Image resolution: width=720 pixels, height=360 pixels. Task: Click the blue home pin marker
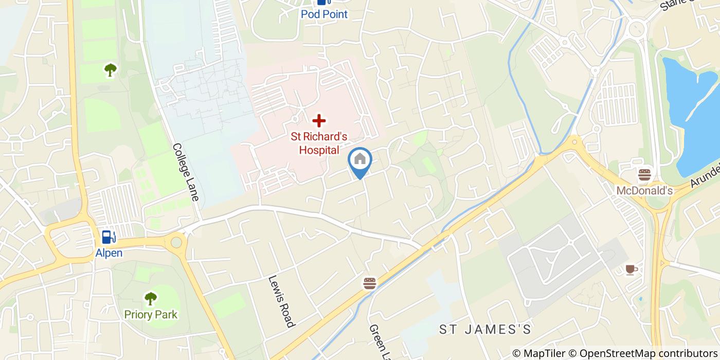tap(360, 160)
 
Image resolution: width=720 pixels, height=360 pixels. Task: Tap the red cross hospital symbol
tap(319, 121)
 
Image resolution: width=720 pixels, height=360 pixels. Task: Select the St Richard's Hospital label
tap(319, 143)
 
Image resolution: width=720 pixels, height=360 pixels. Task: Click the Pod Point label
tap(324, 14)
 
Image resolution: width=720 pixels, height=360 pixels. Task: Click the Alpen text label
tap(109, 253)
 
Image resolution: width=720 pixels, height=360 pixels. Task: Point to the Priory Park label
tap(150, 314)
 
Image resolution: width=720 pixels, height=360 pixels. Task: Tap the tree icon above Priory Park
tap(150, 298)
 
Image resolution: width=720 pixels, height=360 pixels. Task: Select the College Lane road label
tap(186, 172)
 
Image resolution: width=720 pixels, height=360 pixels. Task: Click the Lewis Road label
tap(281, 301)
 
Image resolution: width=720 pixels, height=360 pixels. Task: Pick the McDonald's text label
tap(644, 191)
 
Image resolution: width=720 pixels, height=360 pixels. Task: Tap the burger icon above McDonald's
tap(644, 175)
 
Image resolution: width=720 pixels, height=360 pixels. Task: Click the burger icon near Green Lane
tap(369, 283)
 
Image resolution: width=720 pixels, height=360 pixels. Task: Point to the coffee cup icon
tap(631, 269)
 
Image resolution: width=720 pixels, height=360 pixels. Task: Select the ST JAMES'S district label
tap(484, 330)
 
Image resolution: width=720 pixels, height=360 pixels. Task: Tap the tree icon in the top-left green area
tap(110, 69)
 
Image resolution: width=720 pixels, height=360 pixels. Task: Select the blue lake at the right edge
tap(694, 113)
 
